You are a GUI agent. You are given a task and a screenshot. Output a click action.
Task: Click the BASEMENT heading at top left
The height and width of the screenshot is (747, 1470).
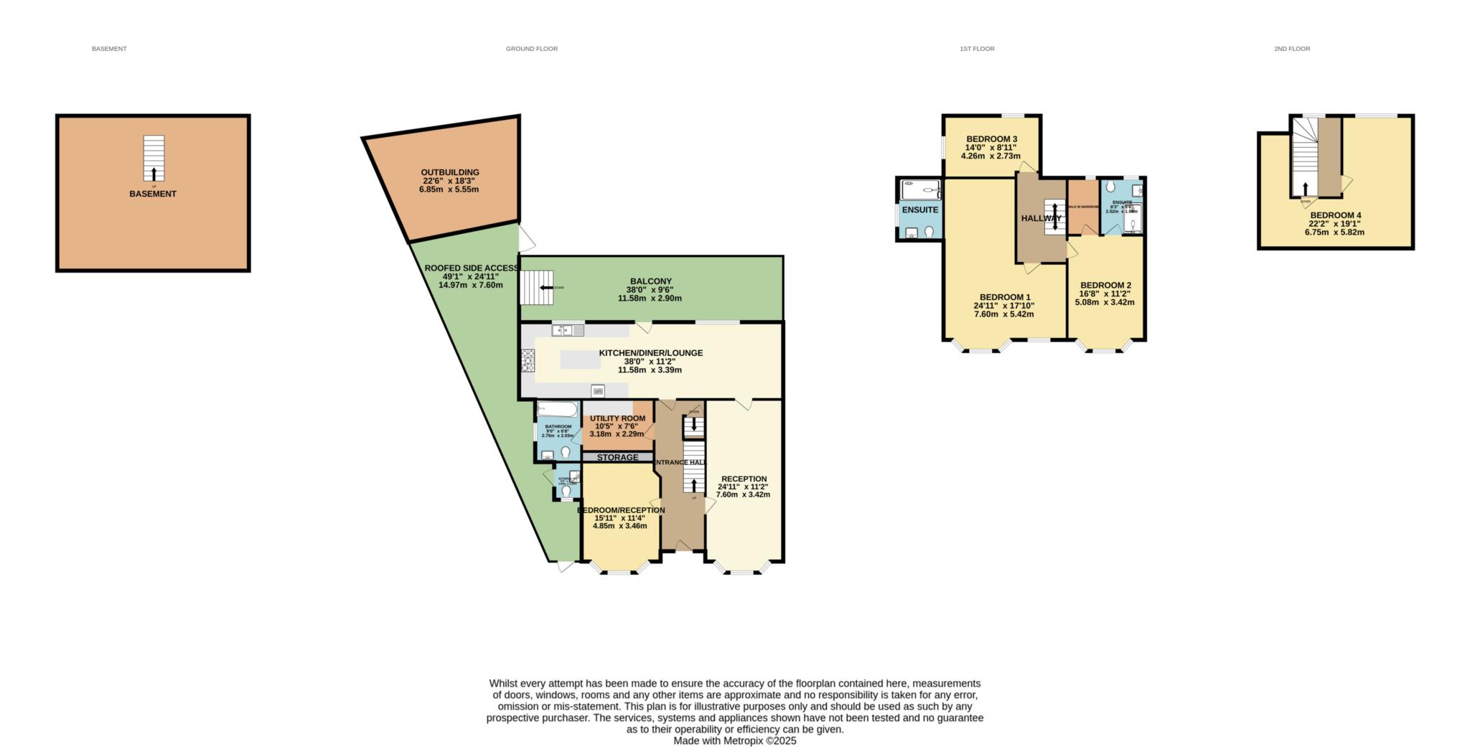109,49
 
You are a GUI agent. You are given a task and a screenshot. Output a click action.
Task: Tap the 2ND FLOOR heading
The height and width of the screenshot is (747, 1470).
1291,49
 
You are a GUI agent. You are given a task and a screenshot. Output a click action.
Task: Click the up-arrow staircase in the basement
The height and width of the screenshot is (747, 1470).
154,159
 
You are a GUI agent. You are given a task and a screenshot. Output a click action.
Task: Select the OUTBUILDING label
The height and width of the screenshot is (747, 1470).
449,172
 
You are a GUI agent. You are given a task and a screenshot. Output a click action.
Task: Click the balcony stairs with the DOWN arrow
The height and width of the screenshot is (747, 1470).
534,288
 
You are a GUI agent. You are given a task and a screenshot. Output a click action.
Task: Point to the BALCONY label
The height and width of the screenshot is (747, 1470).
650,281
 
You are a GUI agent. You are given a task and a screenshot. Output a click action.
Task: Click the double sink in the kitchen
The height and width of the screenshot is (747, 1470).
567,330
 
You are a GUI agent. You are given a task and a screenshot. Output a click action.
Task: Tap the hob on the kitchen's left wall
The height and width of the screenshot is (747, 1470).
528,360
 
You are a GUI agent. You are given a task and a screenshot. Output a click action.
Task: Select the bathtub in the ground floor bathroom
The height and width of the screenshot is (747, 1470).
557,410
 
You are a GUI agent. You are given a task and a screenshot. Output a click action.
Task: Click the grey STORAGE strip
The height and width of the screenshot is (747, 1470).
617,457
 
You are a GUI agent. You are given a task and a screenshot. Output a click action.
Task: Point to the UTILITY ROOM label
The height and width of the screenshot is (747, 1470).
617,418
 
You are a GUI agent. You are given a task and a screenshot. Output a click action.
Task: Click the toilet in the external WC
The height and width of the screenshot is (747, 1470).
566,492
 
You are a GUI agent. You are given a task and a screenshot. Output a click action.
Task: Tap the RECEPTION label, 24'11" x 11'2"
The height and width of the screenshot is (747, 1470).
744,479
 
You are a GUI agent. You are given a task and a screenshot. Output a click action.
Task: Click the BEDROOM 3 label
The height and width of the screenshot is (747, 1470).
991,139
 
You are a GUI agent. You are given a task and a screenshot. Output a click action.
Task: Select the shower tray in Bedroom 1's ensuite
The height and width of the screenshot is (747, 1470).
919,191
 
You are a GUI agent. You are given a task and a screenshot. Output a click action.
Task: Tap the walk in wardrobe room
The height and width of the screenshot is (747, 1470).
1083,207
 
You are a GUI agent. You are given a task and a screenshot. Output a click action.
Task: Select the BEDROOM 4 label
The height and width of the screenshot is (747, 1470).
1335,215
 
